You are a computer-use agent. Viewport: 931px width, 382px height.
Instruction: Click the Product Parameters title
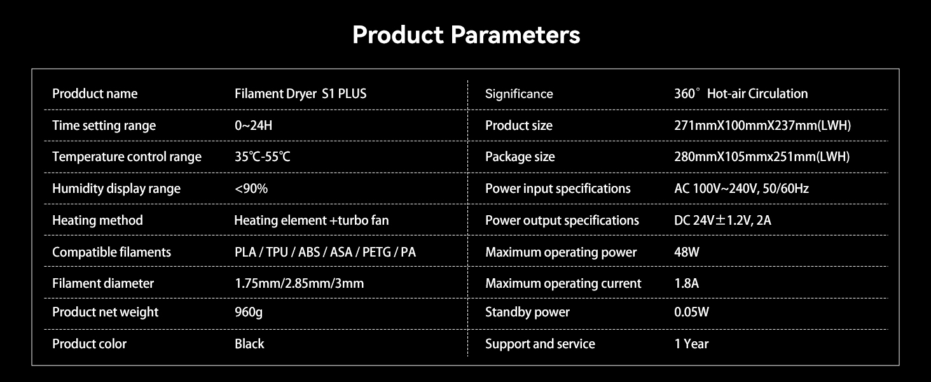tap(465, 35)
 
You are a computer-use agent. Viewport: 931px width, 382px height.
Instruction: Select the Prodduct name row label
tap(95, 94)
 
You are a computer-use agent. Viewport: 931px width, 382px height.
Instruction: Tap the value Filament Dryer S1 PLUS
tap(300, 94)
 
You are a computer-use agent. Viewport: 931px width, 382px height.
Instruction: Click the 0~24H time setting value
tap(253, 125)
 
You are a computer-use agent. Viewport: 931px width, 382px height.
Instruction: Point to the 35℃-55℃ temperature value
tap(262, 157)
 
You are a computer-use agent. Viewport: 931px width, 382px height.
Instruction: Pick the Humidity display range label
tap(116, 188)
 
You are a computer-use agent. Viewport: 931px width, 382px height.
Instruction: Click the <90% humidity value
tap(251, 188)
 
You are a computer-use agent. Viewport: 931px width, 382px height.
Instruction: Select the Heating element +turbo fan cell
tap(311, 220)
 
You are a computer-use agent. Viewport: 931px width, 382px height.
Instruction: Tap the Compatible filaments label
tap(111, 252)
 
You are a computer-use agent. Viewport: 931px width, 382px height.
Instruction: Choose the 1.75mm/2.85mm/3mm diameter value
tap(299, 283)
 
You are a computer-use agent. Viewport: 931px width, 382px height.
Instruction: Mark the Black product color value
tap(249, 344)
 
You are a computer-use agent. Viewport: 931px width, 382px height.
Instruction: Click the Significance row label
tap(519, 94)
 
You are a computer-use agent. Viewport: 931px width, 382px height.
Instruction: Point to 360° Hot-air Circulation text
tap(741, 94)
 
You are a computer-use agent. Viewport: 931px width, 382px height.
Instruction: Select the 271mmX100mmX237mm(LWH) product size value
tap(762, 125)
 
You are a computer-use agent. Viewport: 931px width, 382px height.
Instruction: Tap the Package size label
tap(520, 157)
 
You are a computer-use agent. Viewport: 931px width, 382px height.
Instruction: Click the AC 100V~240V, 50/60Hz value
tap(741, 188)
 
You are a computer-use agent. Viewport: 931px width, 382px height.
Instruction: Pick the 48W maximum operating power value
tap(687, 252)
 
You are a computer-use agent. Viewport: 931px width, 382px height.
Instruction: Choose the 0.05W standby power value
tap(691, 312)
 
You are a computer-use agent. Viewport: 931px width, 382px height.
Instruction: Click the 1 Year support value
tap(691, 344)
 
